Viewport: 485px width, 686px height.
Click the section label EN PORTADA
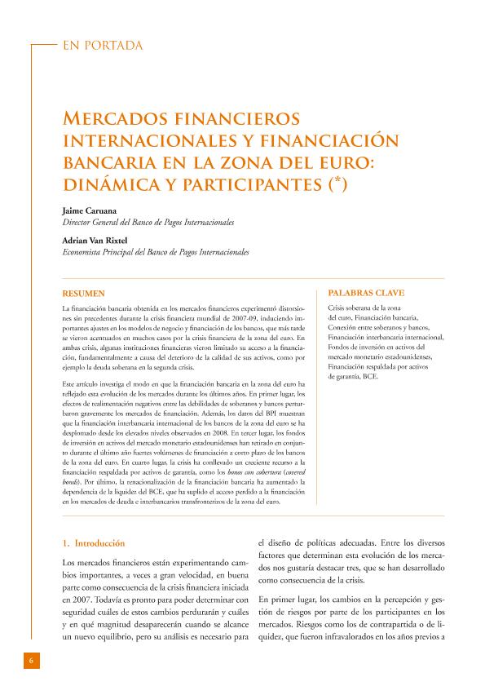[102, 46]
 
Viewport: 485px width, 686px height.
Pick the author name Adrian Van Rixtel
[97, 241]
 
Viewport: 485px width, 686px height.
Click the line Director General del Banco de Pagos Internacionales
[148, 222]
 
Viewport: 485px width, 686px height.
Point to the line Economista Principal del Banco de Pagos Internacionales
[156, 253]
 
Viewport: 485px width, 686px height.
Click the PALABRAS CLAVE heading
[365, 292]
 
